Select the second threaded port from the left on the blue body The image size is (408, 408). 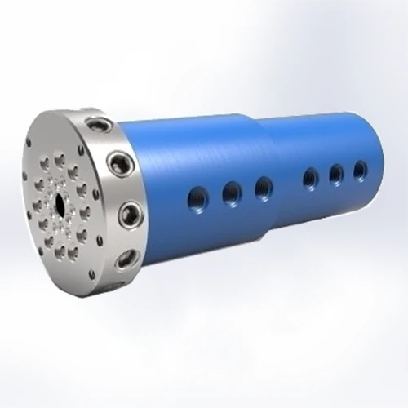click(232, 193)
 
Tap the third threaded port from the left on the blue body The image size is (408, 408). click(264, 188)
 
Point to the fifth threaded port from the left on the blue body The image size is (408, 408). click(335, 173)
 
